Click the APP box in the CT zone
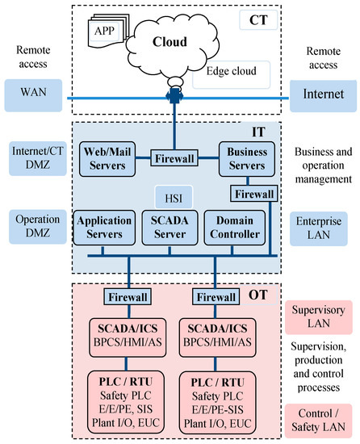(104, 32)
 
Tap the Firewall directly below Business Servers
(254, 194)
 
